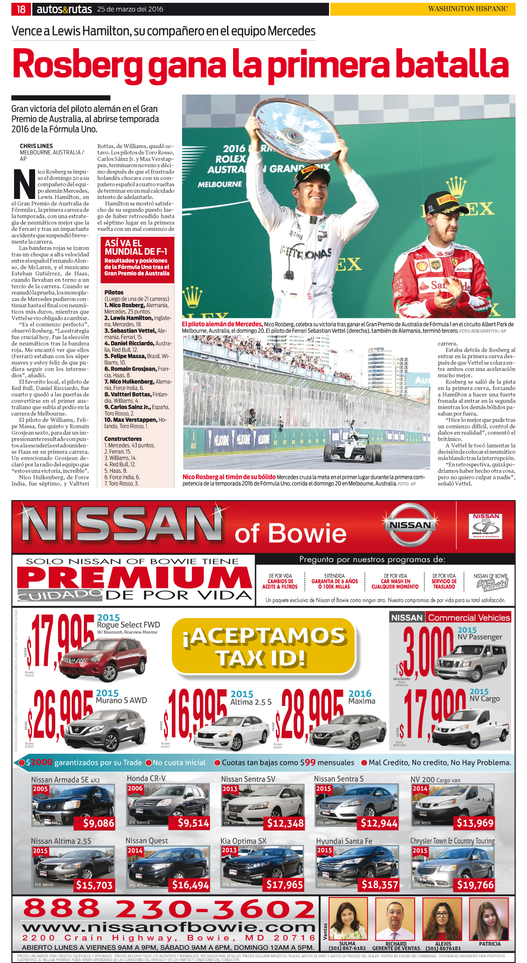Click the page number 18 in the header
(21, 9)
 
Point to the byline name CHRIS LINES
(36, 146)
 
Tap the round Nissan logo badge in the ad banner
(410, 525)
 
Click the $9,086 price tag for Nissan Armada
(98, 823)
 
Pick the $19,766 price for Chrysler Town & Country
(475, 884)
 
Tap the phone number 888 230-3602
(169, 909)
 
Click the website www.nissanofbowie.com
(169, 927)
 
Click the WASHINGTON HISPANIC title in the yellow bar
(468, 9)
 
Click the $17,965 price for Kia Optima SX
(285, 884)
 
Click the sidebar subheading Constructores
(123, 439)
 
